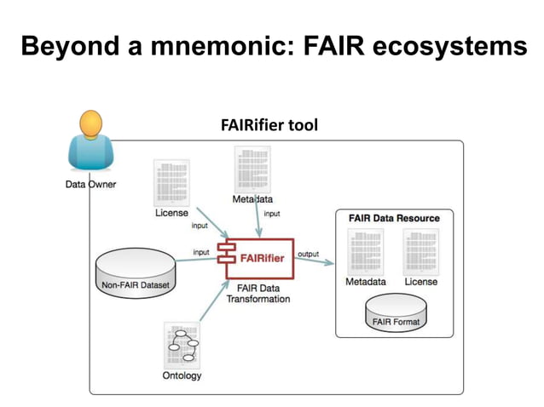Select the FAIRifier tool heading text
coord(269,126)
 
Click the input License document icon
coord(171,182)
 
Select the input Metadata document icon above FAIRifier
coord(253,169)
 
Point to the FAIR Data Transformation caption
coord(258,293)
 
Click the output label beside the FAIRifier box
coord(308,254)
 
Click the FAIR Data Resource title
coord(393,218)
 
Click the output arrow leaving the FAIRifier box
coord(315,261)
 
